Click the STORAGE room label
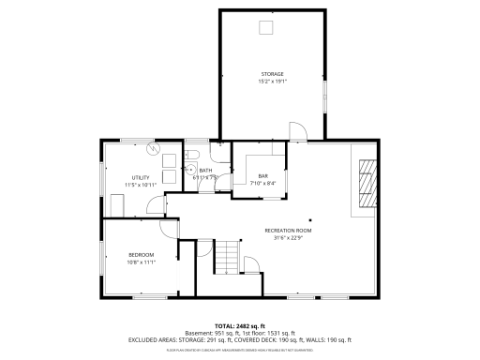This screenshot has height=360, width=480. (x=272, y=74)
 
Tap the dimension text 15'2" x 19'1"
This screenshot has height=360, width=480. (x=272, y=82)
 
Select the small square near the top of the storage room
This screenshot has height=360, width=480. (x=266, y=27)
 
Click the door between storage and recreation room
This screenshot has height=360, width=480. (x=295, y=132)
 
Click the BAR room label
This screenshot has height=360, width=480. (x=263, y=175)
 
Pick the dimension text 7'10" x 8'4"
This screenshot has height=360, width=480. (x=263, y=183)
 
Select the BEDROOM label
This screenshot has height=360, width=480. (x=141, y=254)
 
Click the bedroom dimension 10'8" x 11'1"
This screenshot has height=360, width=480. (x=141, y=262)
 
